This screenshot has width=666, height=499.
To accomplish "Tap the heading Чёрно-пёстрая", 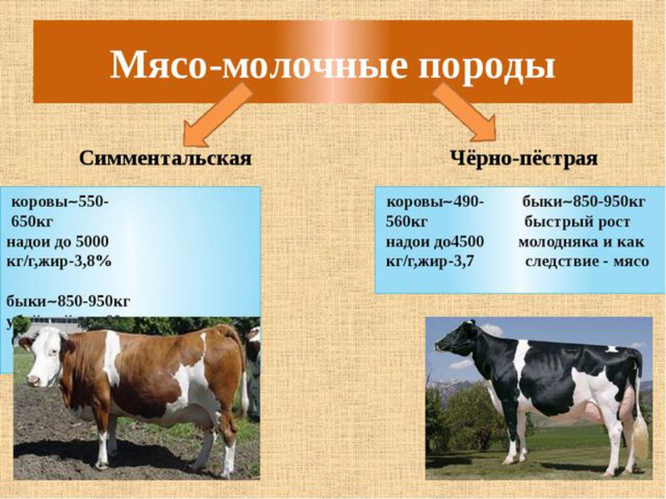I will click(x=524, y=157).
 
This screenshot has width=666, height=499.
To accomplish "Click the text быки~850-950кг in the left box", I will click(x=68, y=300).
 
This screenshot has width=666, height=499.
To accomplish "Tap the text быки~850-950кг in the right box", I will click(x=584, y=203).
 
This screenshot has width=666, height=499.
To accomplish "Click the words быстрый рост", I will click(x=577, y=222).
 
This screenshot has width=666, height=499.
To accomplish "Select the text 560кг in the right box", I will click(x=406, y=222).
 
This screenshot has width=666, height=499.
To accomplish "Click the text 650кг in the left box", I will click(x=38, y=222).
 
